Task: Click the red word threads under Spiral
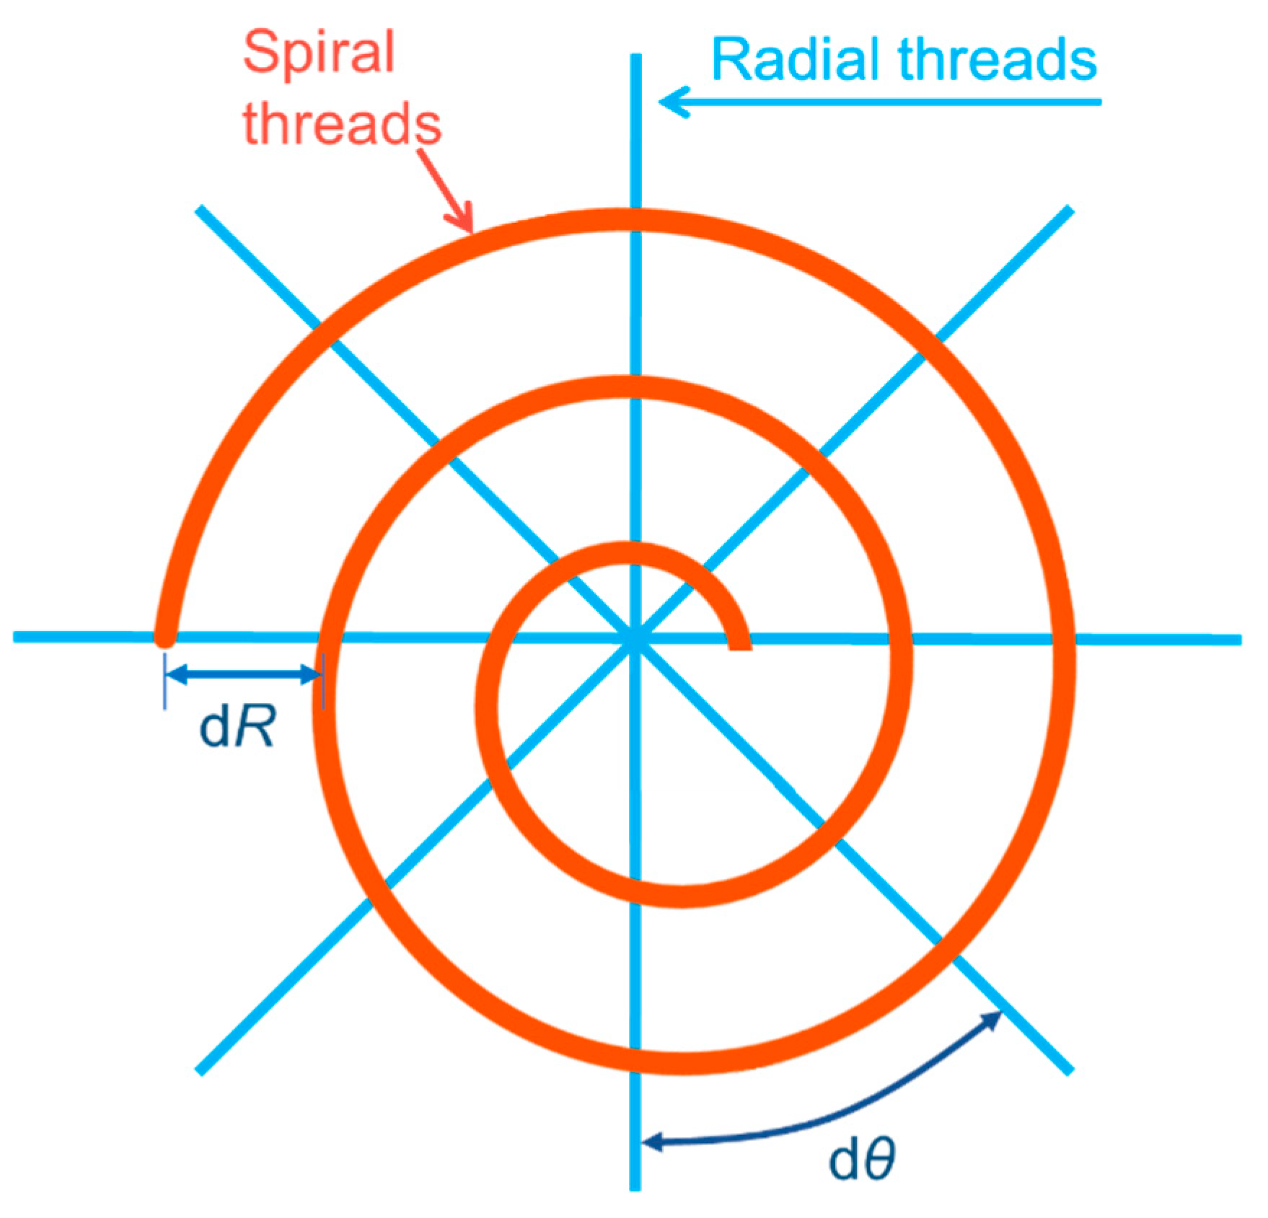(342, 123)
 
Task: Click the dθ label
(862, 1160)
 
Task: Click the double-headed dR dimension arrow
(244, 675)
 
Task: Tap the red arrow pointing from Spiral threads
(447, 189)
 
